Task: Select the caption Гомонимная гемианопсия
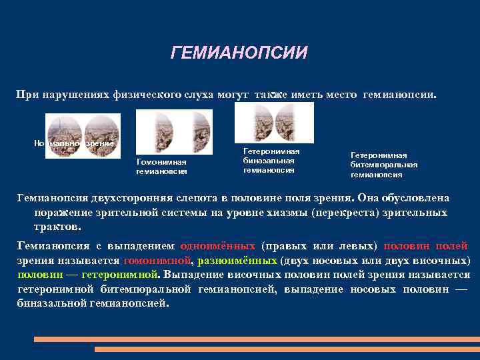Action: pos(161,167)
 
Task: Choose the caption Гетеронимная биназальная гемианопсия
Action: pos(271,161)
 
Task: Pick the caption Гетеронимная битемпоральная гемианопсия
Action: pos(384,165)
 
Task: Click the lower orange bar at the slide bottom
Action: pos(287,349)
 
